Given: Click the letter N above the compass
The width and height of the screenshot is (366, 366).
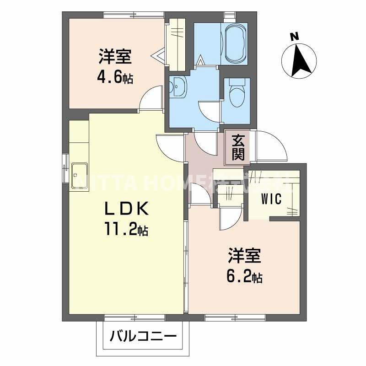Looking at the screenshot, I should point(295,36).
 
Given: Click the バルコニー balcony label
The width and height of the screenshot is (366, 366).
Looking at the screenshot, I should point(143,338).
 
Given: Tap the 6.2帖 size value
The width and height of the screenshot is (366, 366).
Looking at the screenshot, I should point(245,277).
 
